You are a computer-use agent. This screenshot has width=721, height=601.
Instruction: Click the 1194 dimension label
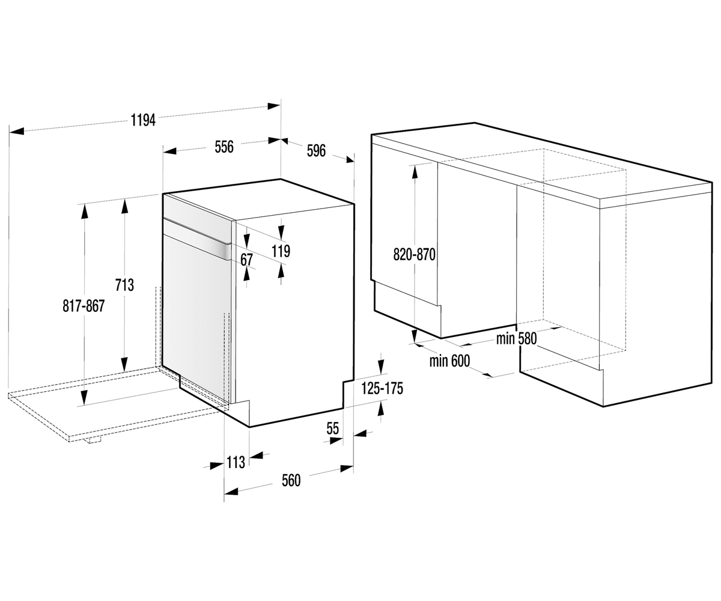(144, 121)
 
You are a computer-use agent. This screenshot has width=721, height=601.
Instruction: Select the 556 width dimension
(224, 147)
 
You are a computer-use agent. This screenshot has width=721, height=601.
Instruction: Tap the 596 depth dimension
(316, 151)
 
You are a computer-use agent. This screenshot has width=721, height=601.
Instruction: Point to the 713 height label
(124, 285)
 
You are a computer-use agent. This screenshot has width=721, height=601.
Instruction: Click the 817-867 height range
(84, 306)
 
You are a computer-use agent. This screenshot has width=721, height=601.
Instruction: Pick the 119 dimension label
(281, 251)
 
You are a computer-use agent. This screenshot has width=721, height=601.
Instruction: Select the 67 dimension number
(246, 260)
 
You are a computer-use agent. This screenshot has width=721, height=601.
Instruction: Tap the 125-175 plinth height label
(382, 389)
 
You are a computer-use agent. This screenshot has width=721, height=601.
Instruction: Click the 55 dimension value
(332, 429)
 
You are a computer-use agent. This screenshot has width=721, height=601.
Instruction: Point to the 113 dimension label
(236, 463)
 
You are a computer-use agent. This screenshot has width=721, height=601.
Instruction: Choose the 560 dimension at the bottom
(291, 481)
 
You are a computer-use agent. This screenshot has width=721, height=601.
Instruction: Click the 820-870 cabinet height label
(415, 255)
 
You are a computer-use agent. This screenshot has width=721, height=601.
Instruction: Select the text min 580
(517, 339)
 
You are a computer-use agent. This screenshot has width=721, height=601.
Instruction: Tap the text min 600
(449, 361)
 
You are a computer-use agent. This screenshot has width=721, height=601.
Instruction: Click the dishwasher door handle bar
(198, 239)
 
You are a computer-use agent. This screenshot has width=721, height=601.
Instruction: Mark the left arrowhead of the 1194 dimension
(16, 131)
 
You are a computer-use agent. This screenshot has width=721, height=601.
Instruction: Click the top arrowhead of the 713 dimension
(124, 206)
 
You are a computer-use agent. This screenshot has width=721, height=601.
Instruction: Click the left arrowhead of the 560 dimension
(231, 491)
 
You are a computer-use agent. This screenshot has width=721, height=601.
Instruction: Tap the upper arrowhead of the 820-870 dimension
(415, 172)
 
